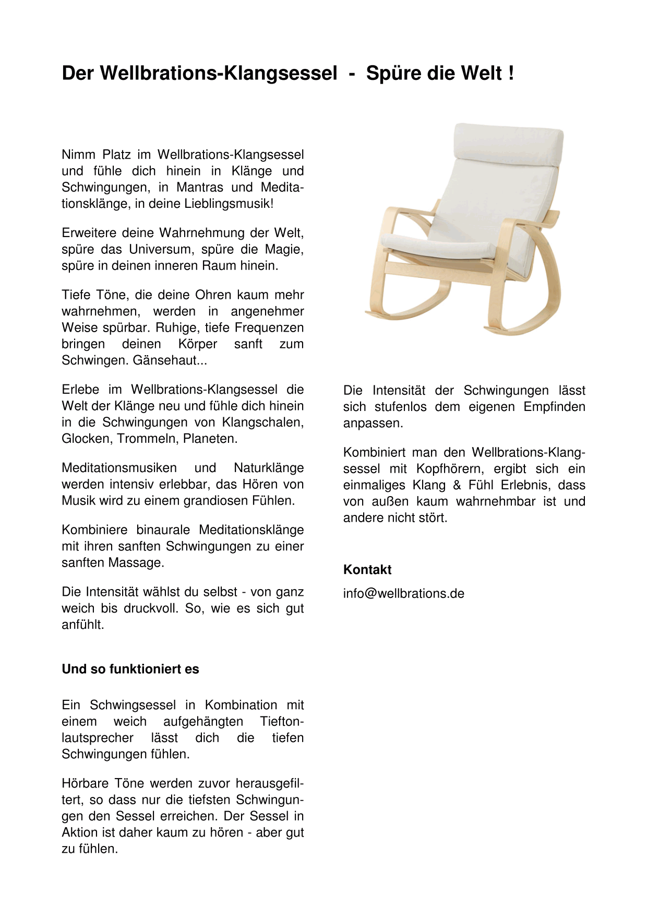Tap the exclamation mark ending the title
pyautogui.click(x=511, y=73)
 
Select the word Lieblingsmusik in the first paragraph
pyautogui.click(x=228, y=204)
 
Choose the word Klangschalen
pyautogui.click(x=262, y=422)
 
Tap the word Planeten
pyautogui.click(x=210, y=439)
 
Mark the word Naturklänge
pyautogui.click(x=269, y=468)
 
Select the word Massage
pyautogui.click(x=136, y=563)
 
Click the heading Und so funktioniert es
pyautogui.click(x=130, y=670)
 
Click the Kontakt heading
pyautogui.click(x=367, y=570)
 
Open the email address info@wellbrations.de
pyautogui.click(x=404, y=594)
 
